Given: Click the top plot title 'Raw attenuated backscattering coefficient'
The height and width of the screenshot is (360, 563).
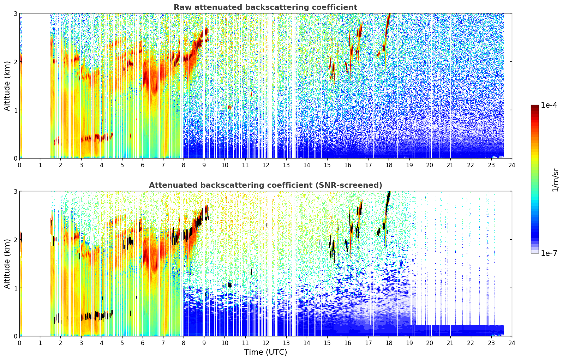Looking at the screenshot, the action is [x=265, y=7].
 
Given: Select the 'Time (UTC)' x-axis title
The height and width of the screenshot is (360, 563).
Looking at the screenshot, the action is [x=265, y=352].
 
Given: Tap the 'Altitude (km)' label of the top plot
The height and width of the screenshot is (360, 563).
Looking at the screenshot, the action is [x=7, y=86].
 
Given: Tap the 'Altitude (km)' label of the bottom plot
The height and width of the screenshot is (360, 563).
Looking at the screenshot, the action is [x=7, y=264].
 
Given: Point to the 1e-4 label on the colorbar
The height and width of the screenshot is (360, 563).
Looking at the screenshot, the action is [x=549, y=105].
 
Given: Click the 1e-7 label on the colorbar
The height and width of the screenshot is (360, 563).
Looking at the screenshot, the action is [x=549, y=253].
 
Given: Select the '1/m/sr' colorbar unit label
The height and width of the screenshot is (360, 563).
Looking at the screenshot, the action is [x=555, y=180].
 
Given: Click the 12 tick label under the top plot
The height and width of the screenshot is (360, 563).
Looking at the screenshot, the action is [x=266, y=165].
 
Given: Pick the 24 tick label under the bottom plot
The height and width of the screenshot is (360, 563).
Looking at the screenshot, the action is [x=512, y=343].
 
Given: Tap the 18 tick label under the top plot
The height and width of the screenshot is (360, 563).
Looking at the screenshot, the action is [x=389, y=165].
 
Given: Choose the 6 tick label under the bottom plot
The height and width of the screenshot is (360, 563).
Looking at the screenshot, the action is [x=143, y=343].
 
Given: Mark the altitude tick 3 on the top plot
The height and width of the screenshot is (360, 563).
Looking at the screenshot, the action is [x=15, y=13].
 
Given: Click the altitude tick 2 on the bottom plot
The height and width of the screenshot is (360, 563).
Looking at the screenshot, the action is [x=15, y=240].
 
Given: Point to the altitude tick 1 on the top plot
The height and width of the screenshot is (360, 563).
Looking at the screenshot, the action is [x=15, y=110].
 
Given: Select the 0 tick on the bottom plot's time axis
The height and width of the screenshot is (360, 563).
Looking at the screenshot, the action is [x=20, y=343].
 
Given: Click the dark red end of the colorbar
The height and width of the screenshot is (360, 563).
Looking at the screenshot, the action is [x=535, y=106].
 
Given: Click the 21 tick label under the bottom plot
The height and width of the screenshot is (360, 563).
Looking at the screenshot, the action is [x=450, y=343].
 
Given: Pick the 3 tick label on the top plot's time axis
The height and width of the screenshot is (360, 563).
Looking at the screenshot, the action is [x=81, y=165].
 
